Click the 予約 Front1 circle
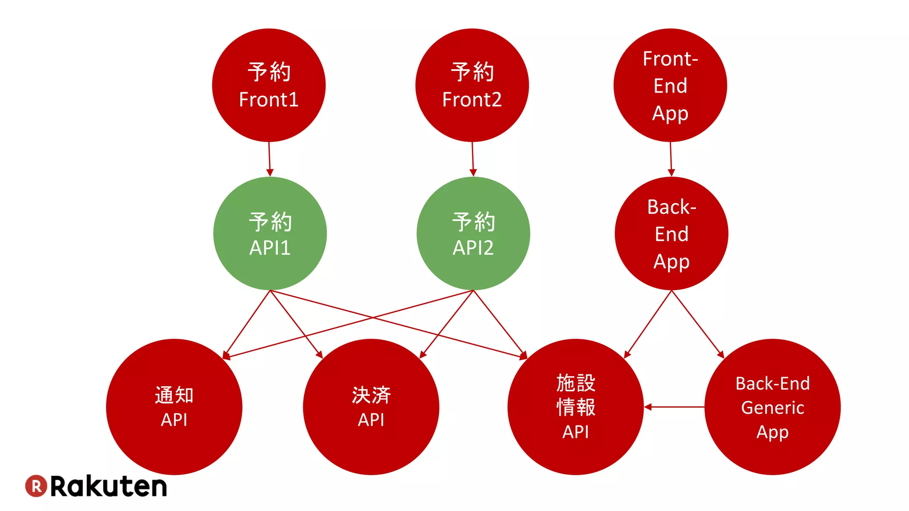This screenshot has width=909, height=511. pyautogui.click(x=269, y=85)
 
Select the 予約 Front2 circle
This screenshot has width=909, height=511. pyautogui.click(x=472, y=85)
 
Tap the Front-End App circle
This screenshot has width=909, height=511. pyautogui.click(x=670, y=85)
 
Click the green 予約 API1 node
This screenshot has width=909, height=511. pyautogui.click(x=270, y=233)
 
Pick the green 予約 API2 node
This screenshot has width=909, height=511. pyautogui.click(x=473, y=233)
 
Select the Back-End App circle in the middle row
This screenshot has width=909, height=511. pyautogui.click(x=672, y=233)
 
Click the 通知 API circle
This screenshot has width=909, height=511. pyautogui.click(x=174, y=407)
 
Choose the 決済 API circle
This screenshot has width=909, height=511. pyautogui.click(x=371, y=407)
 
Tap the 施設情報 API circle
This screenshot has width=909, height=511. pyautogui.click(x=576, y=407)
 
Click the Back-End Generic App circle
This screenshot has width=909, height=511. pyautogui.click(x=772, y=407)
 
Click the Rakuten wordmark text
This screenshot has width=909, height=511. pyautogui.click(x=109, y=487)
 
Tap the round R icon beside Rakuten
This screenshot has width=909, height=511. pyautogui.click(x=36, y=486)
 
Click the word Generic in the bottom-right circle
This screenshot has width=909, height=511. pyautogui.click(x=772, y=408)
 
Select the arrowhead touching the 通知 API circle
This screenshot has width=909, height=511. pyautogui.click(x=226, y=355)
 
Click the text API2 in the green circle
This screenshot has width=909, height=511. pyautogui.click(x=473, y=248)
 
